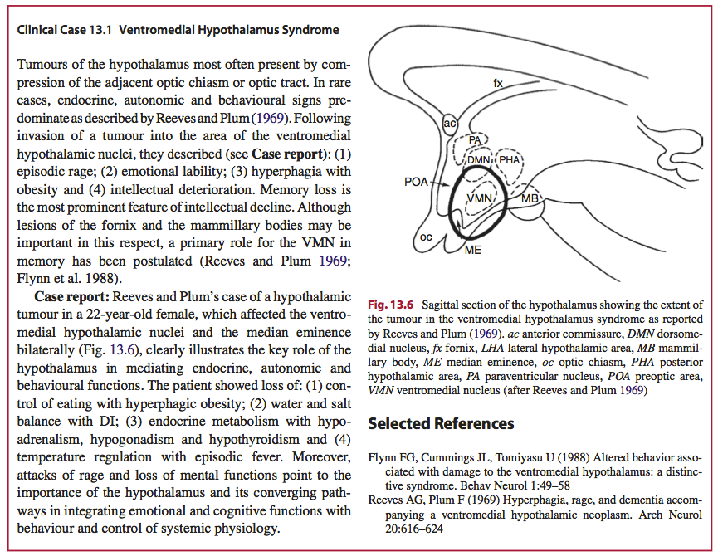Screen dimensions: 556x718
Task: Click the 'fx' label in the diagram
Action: tap(498, 83)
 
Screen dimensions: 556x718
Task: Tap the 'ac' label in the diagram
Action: tap(449, 124)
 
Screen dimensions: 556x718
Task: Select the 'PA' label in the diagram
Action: tap(474, 140)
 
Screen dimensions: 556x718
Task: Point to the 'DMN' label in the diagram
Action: tap(478, 159)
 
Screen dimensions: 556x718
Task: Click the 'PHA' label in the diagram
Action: tap(509, 159)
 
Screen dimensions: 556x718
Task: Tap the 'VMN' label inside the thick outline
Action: tap(481, 199)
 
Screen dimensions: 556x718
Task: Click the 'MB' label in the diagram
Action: tap(530, 199)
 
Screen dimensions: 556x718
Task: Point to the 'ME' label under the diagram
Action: tap(472, 249)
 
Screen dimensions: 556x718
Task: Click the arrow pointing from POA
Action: tap(440, 184)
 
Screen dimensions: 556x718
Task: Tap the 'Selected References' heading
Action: tap(441, 423)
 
